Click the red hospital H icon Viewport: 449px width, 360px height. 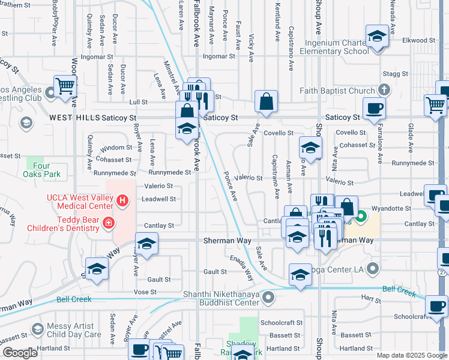coord(122,200)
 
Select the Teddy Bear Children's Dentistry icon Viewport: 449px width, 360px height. coord(108,224)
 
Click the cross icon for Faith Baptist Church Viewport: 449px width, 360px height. coord(384,91)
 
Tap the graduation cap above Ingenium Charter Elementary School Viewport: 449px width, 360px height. coord(376,37)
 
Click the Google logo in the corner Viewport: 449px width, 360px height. coord(20,353)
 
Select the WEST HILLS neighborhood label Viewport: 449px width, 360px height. coord(74,118)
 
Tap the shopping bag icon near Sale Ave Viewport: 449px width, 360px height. coord(266,102)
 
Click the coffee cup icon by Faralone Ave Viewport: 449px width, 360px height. coord(374,109)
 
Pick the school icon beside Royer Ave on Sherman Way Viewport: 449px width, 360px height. coord(146,245)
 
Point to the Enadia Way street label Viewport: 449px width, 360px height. coord(242,265)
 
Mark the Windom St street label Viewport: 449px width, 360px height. coord(116,147)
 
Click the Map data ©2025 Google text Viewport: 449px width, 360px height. coord(411,355)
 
